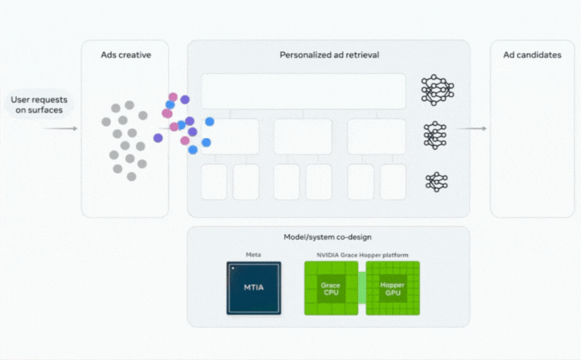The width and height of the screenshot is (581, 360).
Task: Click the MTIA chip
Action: [x=254, y=288]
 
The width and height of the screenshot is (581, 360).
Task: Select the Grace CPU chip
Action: [x=330, y=288]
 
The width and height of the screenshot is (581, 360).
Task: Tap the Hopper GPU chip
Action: [x=393, y=288]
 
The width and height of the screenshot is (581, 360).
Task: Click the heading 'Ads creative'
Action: [x=126, y=55]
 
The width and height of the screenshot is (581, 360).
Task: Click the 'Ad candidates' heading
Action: [x=533, y=55]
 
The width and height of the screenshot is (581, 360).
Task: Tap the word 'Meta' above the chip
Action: [x=254, y=255]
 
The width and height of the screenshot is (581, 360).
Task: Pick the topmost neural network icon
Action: [x=436, y=90]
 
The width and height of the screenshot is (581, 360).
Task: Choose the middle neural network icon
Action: [x=436, y=135]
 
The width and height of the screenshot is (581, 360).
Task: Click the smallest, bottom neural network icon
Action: [x=436, y=181]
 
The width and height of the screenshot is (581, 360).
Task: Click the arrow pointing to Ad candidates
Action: [x=472, y=129]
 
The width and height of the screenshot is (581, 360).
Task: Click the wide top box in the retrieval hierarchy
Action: [x=303, y=91]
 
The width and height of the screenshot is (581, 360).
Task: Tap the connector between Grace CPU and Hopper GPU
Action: [x=361, y=288]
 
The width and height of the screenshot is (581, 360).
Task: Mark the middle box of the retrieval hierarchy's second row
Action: [x=302, y=136]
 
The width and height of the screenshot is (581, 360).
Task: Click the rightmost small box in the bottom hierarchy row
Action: [x=393, y=182]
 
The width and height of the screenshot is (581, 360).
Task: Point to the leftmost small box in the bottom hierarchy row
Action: [x=214, y=182]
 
